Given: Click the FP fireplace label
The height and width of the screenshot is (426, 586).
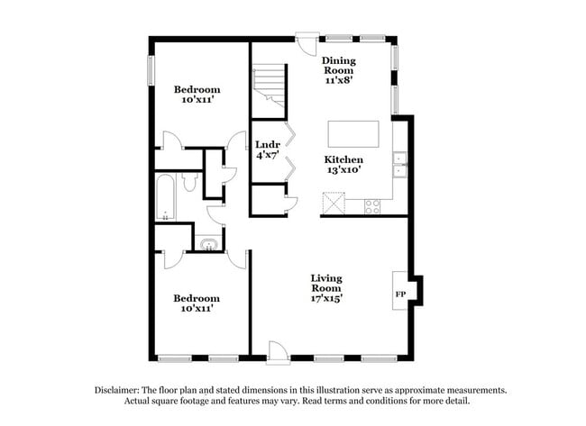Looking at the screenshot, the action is click(400, 295).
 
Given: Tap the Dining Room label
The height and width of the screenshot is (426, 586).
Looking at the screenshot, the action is click(339, 66).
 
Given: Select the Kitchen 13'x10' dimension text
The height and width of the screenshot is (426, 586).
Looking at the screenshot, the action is click(343, 170).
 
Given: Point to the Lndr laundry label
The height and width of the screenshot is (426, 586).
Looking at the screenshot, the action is click(268, 144).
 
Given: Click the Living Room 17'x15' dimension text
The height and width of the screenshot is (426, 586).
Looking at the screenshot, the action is click(326, 298).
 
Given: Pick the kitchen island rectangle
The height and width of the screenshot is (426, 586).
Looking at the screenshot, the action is click(353, 134).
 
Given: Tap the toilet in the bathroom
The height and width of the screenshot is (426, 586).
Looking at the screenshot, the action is click(190, 182).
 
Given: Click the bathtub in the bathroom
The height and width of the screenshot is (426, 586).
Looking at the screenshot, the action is click(165, 197).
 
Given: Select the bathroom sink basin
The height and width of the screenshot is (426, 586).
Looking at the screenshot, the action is click(209, 244).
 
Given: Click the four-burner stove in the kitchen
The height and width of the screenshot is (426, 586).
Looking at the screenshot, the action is click(372, 207).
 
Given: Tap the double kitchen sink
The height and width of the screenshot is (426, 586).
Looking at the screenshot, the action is click(400, 165).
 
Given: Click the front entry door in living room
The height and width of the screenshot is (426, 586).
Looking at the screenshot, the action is click(278, 352).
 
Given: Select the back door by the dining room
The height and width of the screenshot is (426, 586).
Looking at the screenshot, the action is click(307, 44).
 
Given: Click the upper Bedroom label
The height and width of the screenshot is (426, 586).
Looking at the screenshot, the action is click(197, 89).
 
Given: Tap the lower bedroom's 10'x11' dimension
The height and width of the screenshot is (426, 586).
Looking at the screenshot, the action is click(197, 309).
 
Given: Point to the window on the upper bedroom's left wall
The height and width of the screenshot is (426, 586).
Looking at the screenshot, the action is click(151, 70).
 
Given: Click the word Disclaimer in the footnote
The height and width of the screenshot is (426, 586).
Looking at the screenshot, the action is click(117, 391).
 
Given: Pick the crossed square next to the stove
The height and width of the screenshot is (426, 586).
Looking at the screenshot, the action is click(334, 204).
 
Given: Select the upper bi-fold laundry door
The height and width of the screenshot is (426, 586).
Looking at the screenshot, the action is click(290, 133).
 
